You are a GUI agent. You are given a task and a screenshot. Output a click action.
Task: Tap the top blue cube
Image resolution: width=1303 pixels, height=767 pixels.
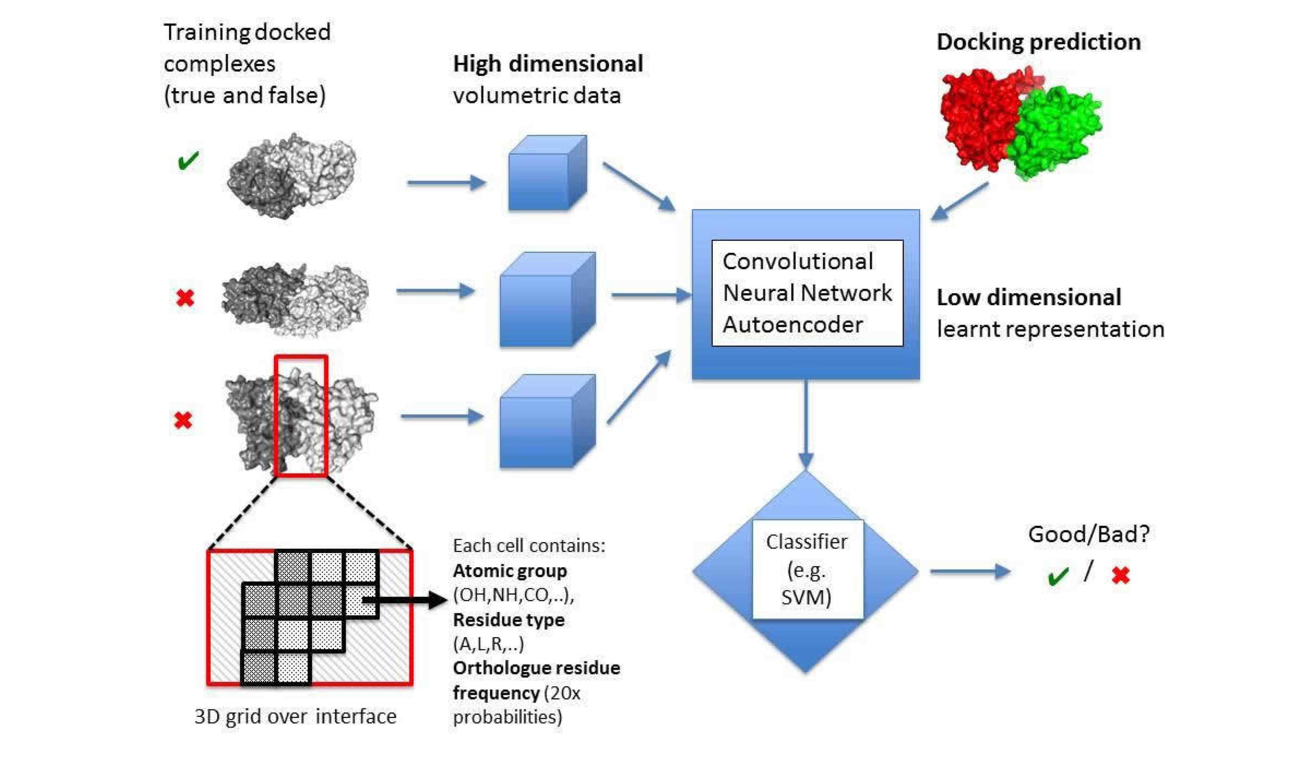tap(547, 173)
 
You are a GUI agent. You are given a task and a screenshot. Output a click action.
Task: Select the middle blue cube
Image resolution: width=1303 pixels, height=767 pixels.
tap(547, 300)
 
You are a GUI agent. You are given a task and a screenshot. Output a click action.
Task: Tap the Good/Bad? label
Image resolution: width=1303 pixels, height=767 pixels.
tap(1088, 534)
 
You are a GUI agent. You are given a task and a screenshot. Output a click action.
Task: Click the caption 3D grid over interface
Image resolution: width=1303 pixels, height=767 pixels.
tap(295, 716)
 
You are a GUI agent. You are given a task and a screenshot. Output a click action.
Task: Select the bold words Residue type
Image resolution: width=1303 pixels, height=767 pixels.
tap(509, 620)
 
